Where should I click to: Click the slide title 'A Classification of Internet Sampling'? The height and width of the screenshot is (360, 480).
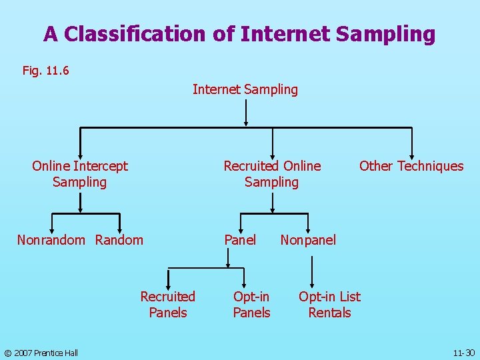click(x=239, y=33)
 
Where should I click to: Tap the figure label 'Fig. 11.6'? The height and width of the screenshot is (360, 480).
click(x=46, y=70)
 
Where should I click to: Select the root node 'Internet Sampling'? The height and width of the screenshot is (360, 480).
click(x=245, y=89)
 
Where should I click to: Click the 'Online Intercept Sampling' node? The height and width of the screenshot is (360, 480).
click(x=80, y=174)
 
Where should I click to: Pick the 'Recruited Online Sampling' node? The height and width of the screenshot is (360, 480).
click(x=272, y=174)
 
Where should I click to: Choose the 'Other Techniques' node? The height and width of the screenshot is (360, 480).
click(x=411, y=166)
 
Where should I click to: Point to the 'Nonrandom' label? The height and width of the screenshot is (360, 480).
click(x=51, y=240)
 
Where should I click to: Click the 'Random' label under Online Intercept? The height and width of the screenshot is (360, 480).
click(x=119, y=240)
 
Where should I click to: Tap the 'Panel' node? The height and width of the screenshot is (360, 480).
click(x=240, y=240)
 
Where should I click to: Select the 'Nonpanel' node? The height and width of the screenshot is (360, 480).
click(x=308, y=240)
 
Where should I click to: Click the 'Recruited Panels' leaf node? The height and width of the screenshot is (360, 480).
click(x=168, y=305)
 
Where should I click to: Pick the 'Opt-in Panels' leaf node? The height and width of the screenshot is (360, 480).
click(x=251, y=305)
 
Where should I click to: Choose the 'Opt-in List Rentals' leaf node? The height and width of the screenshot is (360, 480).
click(x=329, y=305)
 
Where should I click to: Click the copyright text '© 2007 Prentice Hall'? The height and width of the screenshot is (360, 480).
click(x=41, y=353)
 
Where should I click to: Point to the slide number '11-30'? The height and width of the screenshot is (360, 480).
click(x=463, y=353)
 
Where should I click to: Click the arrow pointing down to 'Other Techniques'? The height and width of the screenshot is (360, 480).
click(x=412, y=143)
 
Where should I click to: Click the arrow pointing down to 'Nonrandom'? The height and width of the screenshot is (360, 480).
click(x=51, y=223)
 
